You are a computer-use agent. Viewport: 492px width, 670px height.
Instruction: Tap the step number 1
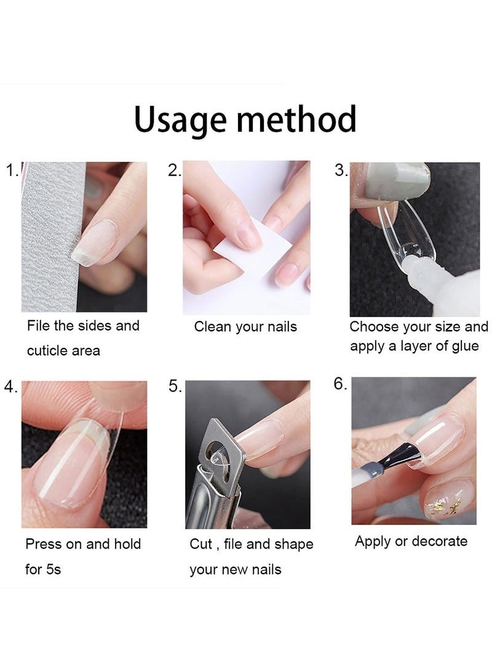click(x=11, y=170)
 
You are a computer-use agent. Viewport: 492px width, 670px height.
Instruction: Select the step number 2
click(x=174, y=170)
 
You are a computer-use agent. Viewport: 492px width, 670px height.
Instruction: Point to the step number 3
click(x=341, y=170)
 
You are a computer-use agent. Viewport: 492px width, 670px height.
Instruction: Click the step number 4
click(x=10, y=386)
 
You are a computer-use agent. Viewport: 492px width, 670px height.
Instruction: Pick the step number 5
click(x=175, y=386)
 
